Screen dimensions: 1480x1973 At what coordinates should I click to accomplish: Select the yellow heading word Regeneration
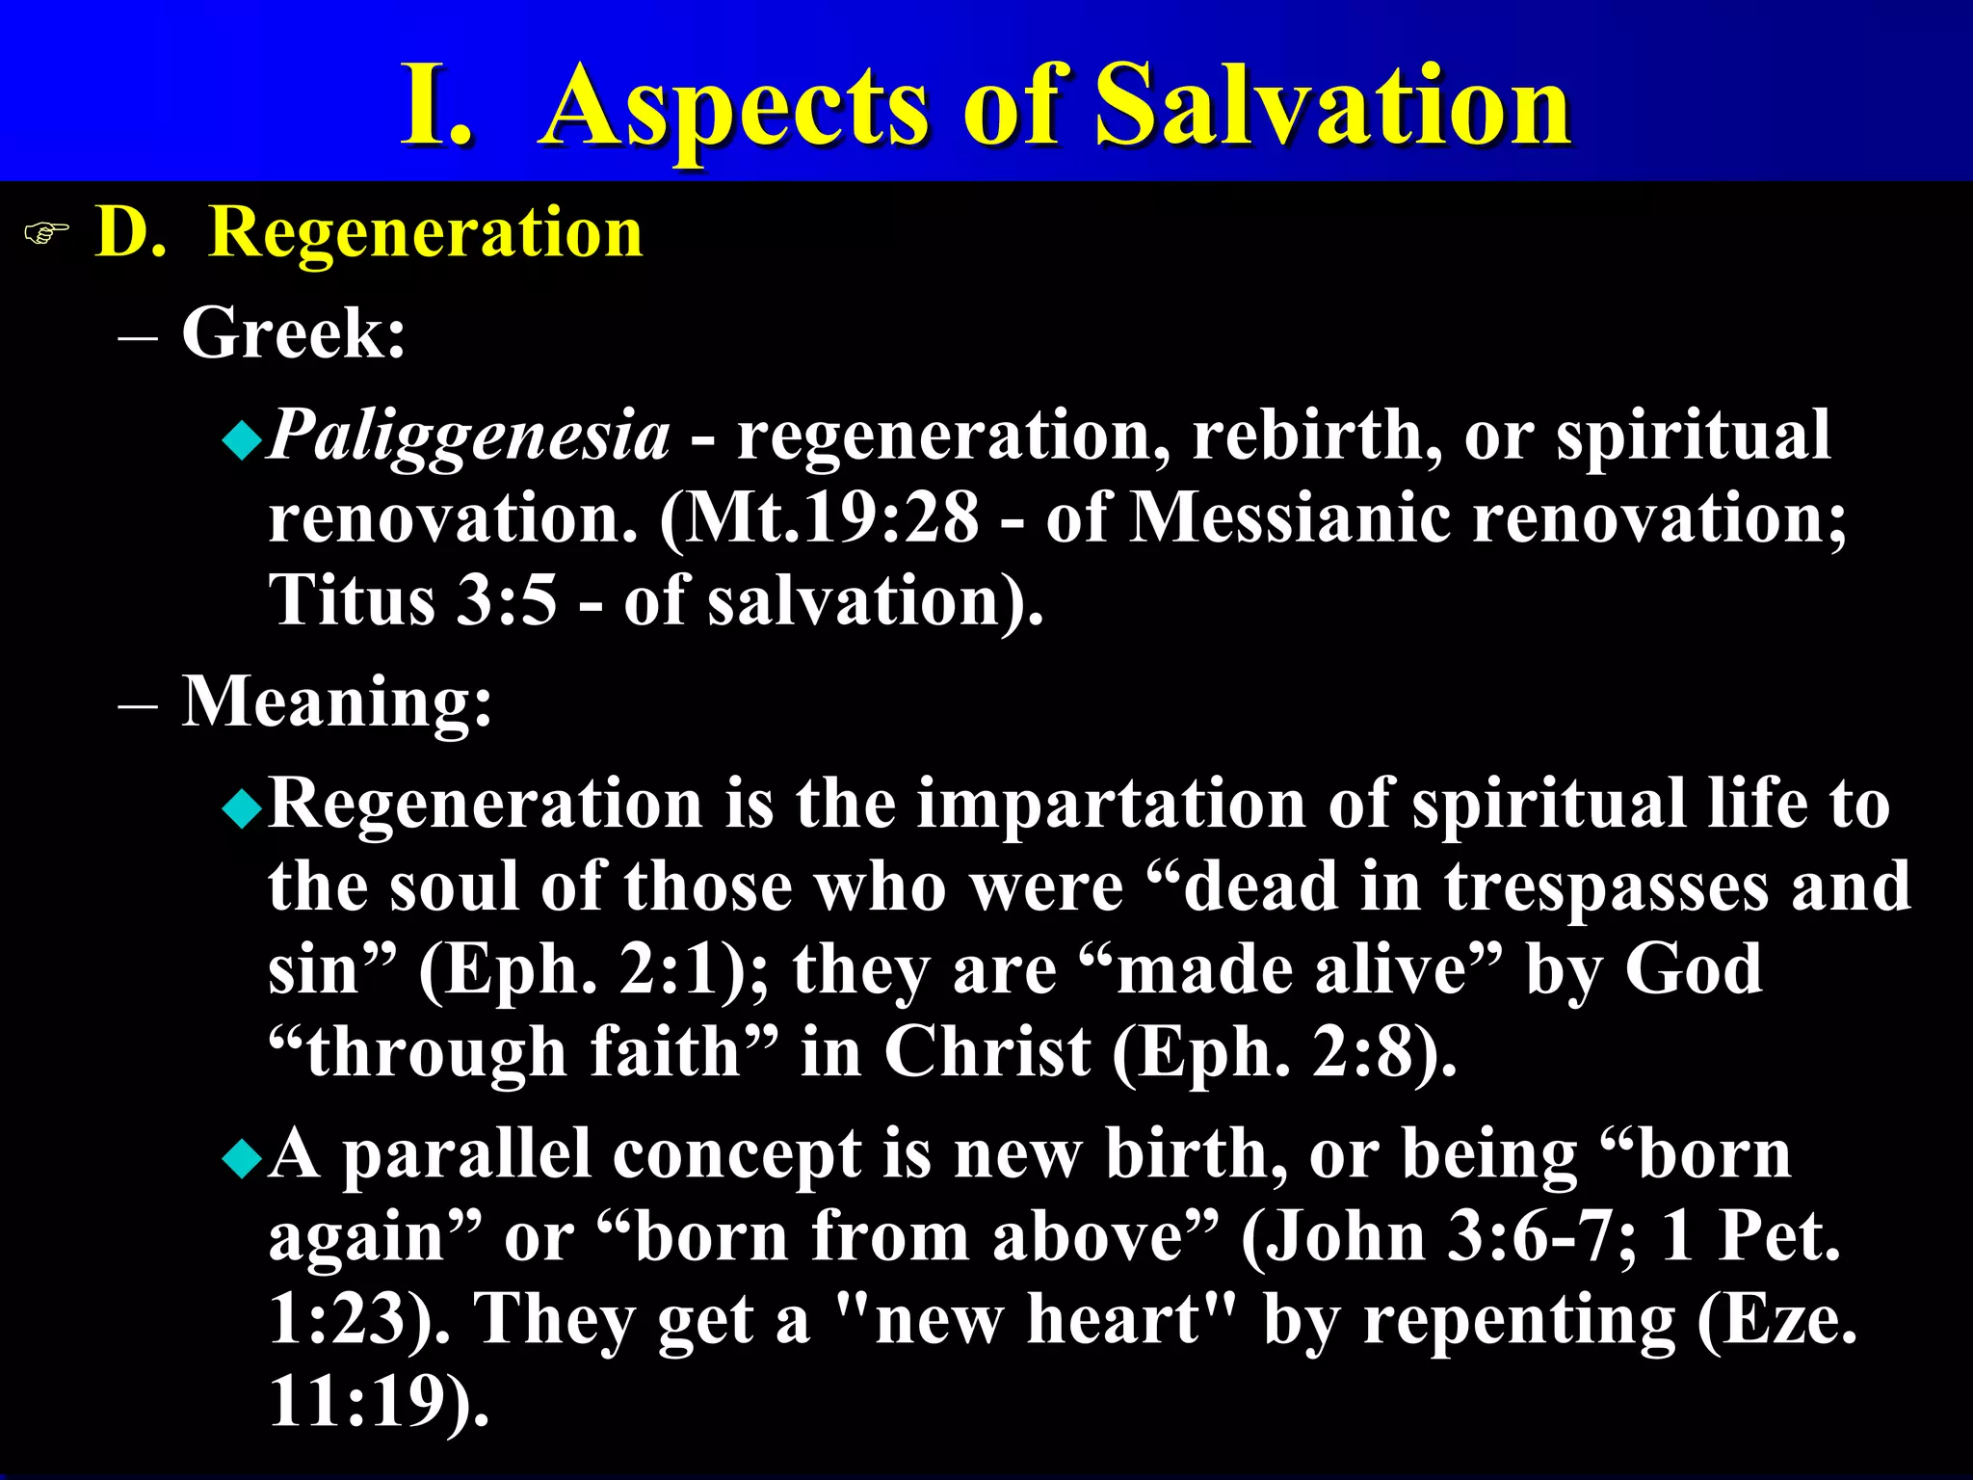click(x=425, y=233)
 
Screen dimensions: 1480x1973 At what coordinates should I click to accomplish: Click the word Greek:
click(x=294, y=333)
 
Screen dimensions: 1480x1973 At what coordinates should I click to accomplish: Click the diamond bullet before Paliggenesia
click(x=241, y=441)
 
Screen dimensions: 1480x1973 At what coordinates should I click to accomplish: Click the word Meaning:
click(x=337, y=701)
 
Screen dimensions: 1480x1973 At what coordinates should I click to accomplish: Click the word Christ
click(x=987, y=1051)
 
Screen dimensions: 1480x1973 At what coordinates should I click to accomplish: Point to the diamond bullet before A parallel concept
click(x=241, y=1159)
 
